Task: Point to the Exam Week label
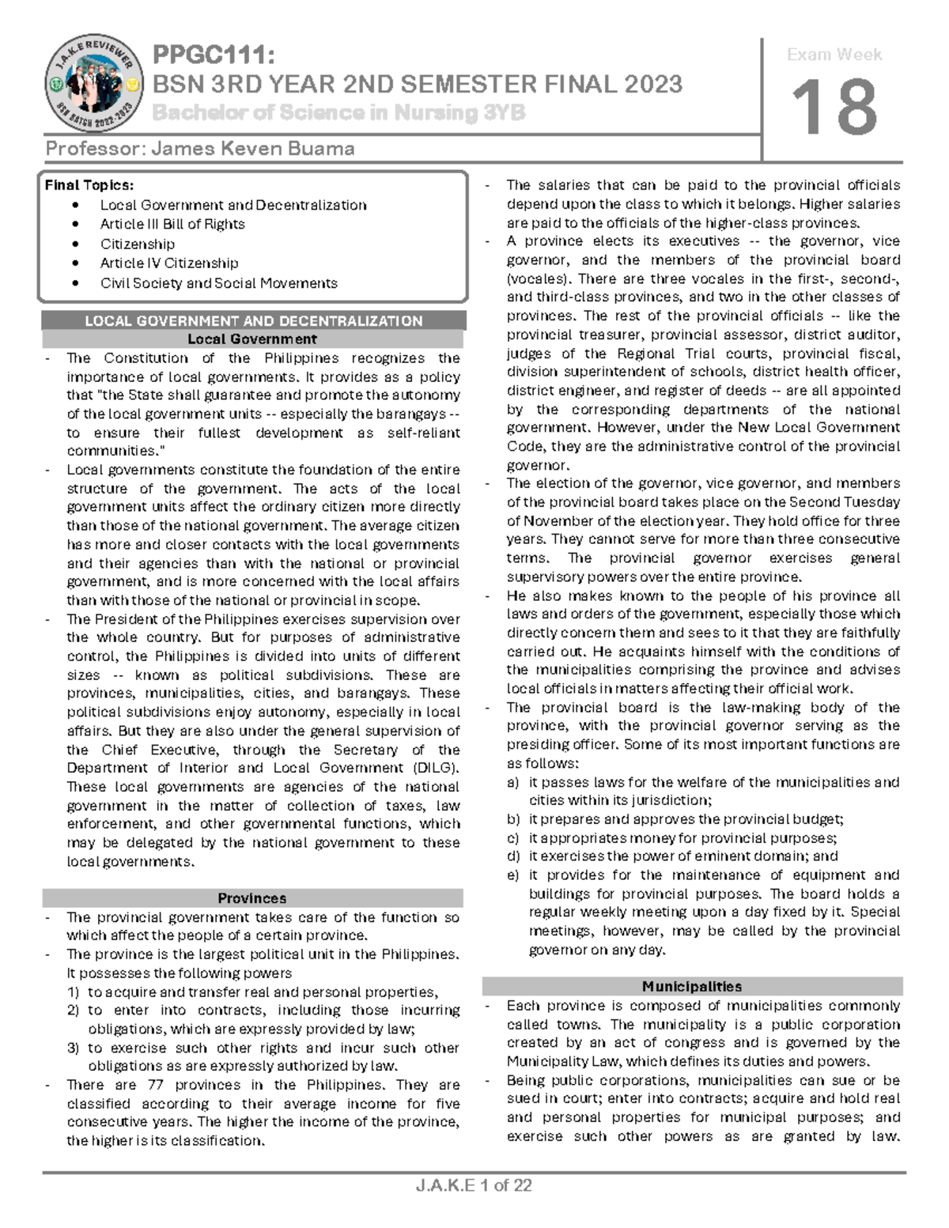[x=834, y=55]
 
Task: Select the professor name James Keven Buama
[x=199, y=149]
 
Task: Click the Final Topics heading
[x=89, y=185]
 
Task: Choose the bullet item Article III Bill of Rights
[x=172, y=224]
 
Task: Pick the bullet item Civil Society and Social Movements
[x=218, y=283]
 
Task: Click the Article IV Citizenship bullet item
[x=168, y=263]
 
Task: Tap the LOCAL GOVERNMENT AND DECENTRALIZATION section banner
[x=253, y=320]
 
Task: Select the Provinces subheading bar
[x=252, y=898]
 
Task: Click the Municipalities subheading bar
[x=692, y=987]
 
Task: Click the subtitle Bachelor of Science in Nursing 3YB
[x=338, y=113]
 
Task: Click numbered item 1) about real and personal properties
[x=261, y=992]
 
